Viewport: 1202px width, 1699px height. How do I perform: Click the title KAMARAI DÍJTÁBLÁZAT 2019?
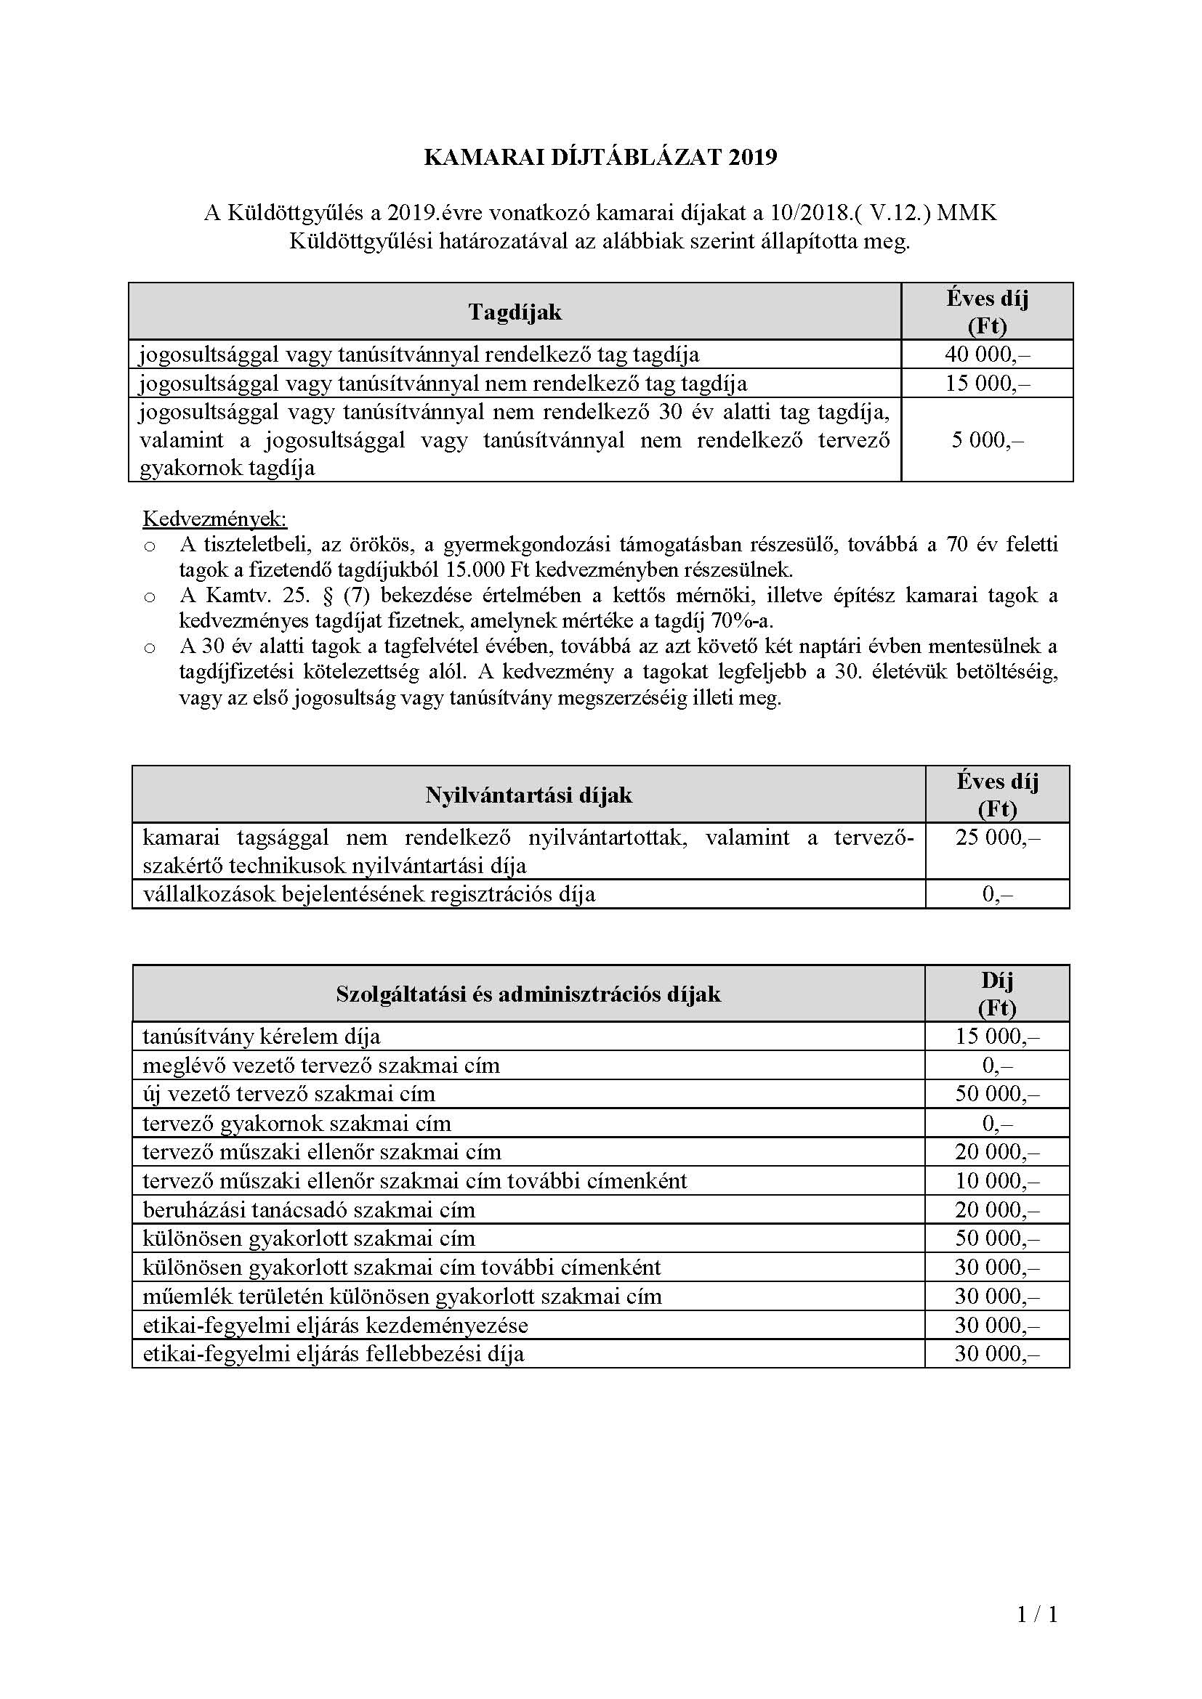pyautogui.click(x=600, y=158)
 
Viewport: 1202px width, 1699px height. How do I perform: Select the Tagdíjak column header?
pyautogui.click(x=515, y=312)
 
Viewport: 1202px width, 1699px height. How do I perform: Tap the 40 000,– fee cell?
pyautogui.click(x=988, y=354)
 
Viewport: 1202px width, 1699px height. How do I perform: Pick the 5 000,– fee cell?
pyautogui.click(x=988, y=440)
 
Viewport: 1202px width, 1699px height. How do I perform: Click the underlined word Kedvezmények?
pyautogui.click(x=214, y=518)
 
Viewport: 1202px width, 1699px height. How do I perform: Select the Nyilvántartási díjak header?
pyautogui.click(x=528, y=795)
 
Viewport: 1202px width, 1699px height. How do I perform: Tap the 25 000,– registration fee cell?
pyautogui.click(x=997, y=838)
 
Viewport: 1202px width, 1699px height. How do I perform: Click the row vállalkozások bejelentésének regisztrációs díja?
pyautogui.click(x=368, y=894)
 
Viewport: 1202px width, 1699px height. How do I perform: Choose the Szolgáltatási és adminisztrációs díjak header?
pyautogui.click(x=528, y=994)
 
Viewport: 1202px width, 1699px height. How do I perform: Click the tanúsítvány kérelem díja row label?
pyautogui.click(x=262, y=1037)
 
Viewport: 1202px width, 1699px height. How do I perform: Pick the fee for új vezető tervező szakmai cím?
pyautogui.click(x=997, y=1094)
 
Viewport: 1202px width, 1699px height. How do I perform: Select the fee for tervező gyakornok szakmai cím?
pyautogui.click(x=997, y=1123)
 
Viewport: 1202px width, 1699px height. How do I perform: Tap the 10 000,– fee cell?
pyautogui.click(x=997, y=1181)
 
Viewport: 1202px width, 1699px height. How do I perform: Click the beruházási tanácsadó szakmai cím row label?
pyautogui.click(x=309, y=1210)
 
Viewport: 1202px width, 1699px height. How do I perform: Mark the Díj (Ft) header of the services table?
pyautogui.click(x=997, y=994)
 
